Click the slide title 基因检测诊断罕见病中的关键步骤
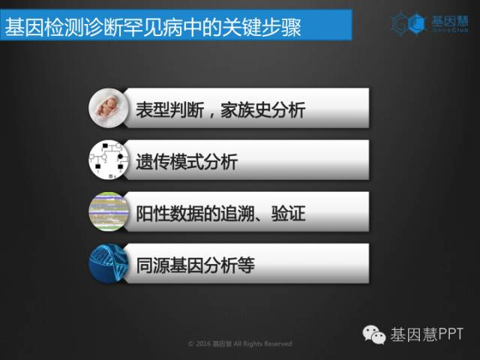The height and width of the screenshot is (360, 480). click(153, 28)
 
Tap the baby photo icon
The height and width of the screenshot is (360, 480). click(108, 108)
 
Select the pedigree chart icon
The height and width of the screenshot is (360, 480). click(108, 160)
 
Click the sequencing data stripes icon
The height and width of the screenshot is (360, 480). click(108, 211)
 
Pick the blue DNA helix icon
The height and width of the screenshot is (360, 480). click(108, 263)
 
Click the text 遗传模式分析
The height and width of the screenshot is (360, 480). click(187, 162)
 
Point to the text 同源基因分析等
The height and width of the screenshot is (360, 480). click(195, 265)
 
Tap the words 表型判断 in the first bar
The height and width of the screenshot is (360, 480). click(170, 110)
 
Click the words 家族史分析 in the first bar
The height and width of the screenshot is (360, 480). click(263, 110)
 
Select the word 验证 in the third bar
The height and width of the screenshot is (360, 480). click(288, 213)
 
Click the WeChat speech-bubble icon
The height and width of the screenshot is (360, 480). click(373, 334)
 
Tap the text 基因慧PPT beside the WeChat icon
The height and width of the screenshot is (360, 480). click(427, 334)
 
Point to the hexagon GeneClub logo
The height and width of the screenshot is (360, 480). click(409, 23)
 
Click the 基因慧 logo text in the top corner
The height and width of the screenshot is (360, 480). click(450, 21)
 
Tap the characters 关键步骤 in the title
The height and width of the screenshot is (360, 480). click(262, 28)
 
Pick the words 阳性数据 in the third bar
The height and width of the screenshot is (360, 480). click(170, 213)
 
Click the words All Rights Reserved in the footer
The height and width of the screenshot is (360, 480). click(263, 343)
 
